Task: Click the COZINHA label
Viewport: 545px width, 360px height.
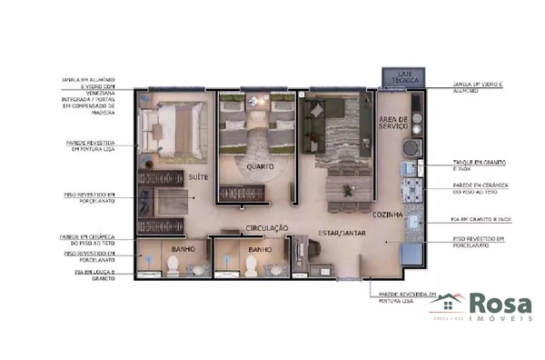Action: [387, 215]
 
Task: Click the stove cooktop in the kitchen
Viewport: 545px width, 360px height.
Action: [413, 188]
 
